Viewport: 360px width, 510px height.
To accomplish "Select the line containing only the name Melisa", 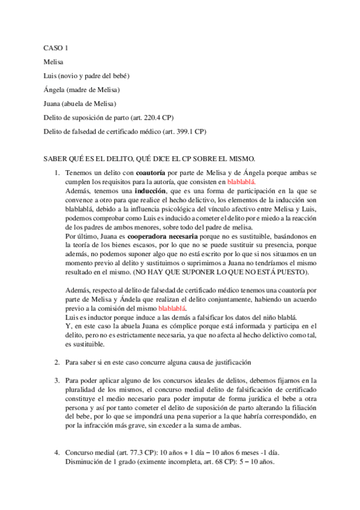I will pos(53,61).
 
